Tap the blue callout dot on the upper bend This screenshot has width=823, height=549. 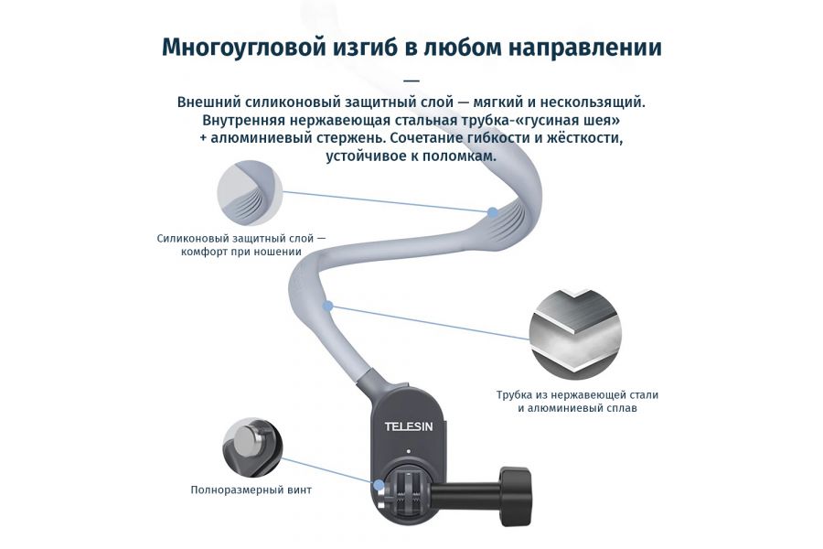point(493,212)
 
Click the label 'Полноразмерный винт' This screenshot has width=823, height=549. point(251,490)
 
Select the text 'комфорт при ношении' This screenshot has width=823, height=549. point(241,252)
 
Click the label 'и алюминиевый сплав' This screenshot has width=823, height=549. point(577,408)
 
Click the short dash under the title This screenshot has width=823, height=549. point(411,80)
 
